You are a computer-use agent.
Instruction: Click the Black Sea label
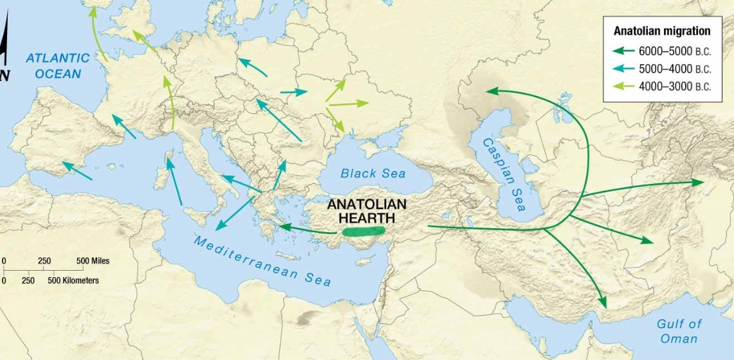(373, 174)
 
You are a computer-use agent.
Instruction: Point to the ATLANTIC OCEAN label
(53, 66)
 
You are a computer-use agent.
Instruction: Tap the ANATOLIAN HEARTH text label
(367, 211)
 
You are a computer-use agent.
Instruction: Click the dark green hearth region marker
(363, 231)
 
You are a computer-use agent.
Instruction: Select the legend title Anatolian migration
(662, 31)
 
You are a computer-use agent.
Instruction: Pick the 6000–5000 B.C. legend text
(675, 51)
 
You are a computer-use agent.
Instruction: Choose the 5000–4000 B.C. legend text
(675, 69)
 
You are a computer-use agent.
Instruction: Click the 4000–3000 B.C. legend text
(675, 87)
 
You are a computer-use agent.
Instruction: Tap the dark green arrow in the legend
(622, 51)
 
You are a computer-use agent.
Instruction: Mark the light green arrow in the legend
(622, 87)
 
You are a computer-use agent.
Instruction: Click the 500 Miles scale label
(93, 261)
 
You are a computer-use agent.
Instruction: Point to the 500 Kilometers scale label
(73, 281)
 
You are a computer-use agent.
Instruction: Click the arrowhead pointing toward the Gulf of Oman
(603, 302)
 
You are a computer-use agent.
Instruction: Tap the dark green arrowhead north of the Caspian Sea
(491, 91)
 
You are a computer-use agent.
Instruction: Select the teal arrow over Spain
(77, 170)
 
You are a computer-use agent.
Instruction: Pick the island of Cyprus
(367, 262)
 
